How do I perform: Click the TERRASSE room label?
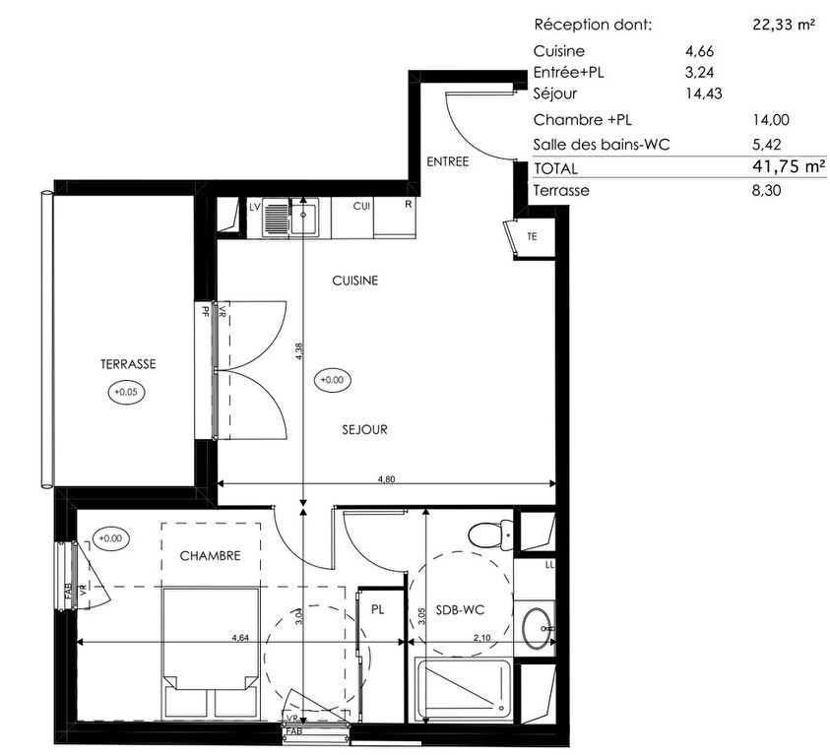[128, 364]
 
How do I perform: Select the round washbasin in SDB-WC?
[537, 629]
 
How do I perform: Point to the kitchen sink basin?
[304, 215]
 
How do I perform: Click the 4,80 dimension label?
[386, 479]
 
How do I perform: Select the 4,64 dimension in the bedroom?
[240, 638]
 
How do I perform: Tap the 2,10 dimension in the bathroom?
[481, 638]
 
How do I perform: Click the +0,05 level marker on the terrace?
[126, 392]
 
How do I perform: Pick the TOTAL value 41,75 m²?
[789, 166]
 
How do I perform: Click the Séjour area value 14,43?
[704, 94]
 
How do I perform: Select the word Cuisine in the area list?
[559, 51]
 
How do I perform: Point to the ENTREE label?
[448, 161]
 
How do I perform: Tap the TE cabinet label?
[532, 237]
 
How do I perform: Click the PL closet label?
[377, 609]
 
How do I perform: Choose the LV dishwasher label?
[255, 207]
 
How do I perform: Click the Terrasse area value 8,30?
[766, 190]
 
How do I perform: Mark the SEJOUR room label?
[364, 429]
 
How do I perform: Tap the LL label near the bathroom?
[549, 565]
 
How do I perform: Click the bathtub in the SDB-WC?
[463, 690]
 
